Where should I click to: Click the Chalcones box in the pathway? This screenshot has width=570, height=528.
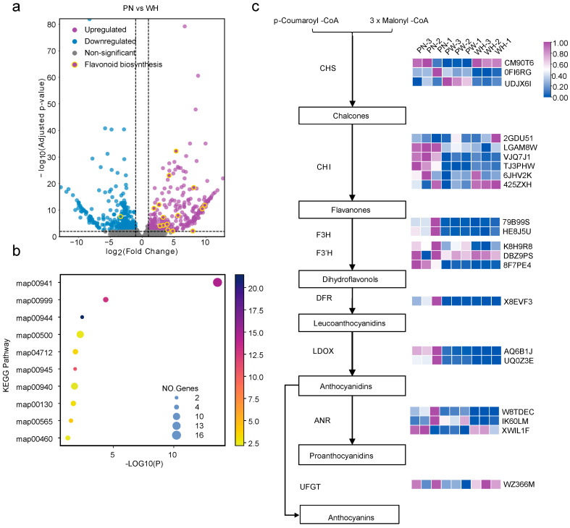(x=352, y=116)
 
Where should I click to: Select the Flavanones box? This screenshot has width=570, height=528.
(x=352, y=210)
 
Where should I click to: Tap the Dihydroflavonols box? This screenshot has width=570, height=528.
(x=352, y=279)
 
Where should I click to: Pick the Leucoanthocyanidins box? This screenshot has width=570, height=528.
(x=352, y=323)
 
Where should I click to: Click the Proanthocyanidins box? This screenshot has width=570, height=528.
(x=352, y=456)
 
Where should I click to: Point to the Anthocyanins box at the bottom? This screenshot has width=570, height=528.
(x=349, y=514)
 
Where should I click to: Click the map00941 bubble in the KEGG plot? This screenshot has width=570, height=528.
(x=217, y=282)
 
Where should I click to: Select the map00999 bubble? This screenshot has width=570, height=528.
(x=106, y=299)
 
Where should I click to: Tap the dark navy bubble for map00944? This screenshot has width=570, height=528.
(x=82, y=317)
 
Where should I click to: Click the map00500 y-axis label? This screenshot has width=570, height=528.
(x=34, y=335)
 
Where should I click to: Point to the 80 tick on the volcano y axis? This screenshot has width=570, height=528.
(x=51, y=25)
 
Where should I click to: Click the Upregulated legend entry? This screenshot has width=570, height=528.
(x=99, y=30)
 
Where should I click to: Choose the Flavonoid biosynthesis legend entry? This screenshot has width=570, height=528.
(x=117, y=64)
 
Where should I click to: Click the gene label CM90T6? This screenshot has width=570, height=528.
(x=519, y=63)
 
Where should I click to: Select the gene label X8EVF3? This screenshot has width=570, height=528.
(x=518, y=302)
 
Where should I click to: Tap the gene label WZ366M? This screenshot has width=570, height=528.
(x=519, y=484)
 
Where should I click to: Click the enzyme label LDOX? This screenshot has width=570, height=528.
(x=323, y=351)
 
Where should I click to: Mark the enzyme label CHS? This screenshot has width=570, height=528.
(x=327, y=68)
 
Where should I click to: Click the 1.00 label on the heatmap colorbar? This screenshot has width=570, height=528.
(x=560, y=43)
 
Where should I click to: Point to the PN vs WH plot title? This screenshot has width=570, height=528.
(x=141, y=8)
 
